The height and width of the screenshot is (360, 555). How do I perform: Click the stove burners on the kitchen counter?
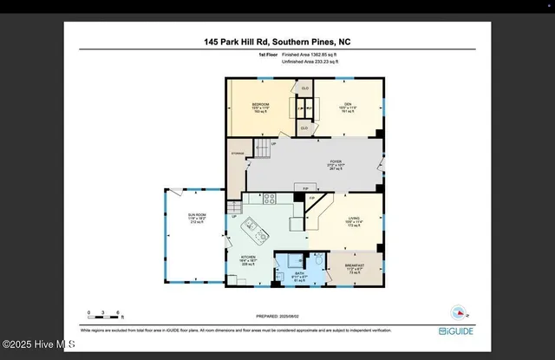click(x=270, y=198)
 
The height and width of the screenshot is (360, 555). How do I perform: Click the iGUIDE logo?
click(x=455, y=331)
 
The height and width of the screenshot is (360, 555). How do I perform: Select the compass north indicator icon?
click(x=457, y=311)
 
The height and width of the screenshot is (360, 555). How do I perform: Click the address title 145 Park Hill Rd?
click(x=277, y=42)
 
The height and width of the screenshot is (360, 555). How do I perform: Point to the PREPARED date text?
click(x=277, y=317)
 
